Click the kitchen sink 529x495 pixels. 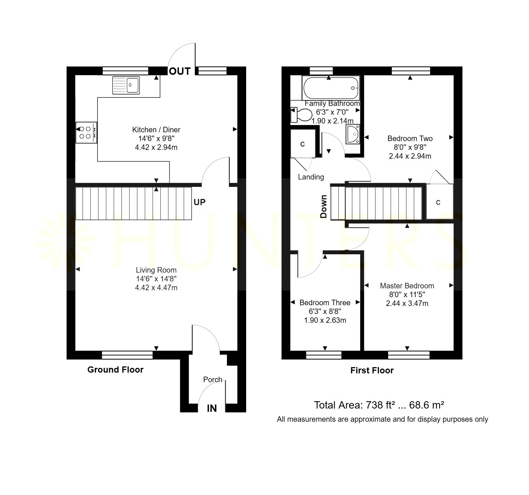click(x=126, y=85)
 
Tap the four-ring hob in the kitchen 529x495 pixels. click(x=86, y=133)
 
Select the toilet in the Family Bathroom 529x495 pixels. click(x=301, y=114)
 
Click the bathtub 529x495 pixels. click(x=331, y=88)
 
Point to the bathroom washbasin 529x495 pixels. click(x=353, y=134)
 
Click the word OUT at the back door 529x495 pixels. click(x=180, y=71)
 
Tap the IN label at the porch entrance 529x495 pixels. click(x=212, y=409)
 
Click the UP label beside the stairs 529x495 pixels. click(x=200, y=202)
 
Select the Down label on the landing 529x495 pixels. click(x=323, y=207)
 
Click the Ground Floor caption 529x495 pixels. click(x=115, y=370)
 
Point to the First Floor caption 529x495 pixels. click(x=372, y=370)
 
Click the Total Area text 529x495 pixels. click(x=379, y=405)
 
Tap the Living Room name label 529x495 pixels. click(x=156, y=270)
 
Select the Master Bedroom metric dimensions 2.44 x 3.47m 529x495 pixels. click(x=407, y=303)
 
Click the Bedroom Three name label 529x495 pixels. click(x=325, y=303)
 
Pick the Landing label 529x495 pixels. click(x=311, y=177)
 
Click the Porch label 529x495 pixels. click(x=212, y=380)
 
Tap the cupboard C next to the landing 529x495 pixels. click(x=303, y=144)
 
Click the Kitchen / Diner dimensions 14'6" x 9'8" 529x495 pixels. click(x=156, y=138)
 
